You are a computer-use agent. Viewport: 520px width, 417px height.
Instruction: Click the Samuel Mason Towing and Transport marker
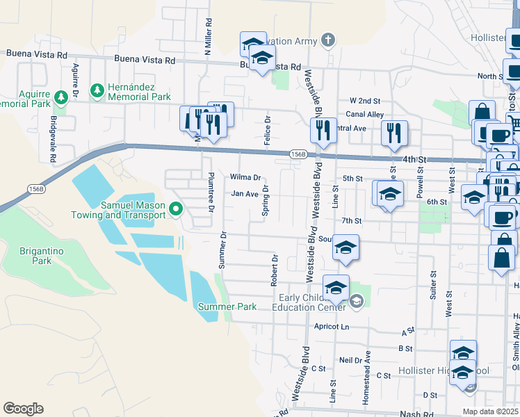177,208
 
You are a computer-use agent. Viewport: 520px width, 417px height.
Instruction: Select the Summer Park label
227,306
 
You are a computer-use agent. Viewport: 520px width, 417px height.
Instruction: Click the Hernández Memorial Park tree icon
97,90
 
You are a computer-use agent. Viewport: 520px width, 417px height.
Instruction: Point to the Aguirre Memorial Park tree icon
60,97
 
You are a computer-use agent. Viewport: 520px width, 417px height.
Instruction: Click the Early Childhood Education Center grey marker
357,300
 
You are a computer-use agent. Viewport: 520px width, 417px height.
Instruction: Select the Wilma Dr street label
246,178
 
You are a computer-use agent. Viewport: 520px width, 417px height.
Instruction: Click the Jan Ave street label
245,195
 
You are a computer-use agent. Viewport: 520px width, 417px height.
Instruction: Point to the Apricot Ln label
331,327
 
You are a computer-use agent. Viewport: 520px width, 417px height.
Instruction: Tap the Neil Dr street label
351,361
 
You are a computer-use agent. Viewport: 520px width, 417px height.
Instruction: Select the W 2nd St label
365,101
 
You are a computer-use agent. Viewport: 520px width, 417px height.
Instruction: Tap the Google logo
23,409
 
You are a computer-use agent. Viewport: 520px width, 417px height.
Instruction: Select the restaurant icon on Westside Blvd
323,131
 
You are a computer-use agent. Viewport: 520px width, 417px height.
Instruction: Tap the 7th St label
352,221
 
